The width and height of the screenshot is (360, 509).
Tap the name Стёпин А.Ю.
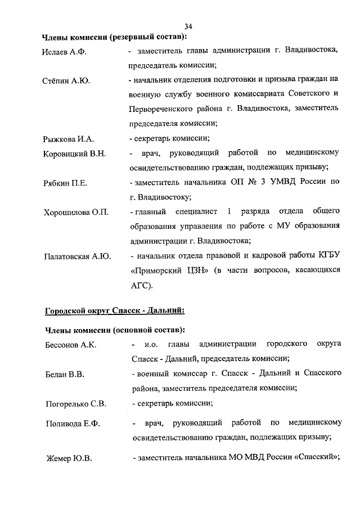[66, 81]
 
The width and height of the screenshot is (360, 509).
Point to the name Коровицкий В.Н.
[74, 154]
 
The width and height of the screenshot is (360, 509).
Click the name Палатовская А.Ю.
[78, 256]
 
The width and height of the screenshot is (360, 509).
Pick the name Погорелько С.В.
[75, 403]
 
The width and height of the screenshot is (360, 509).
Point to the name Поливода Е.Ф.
[72, 424]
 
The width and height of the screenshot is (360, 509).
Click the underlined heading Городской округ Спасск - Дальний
[114, 309]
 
